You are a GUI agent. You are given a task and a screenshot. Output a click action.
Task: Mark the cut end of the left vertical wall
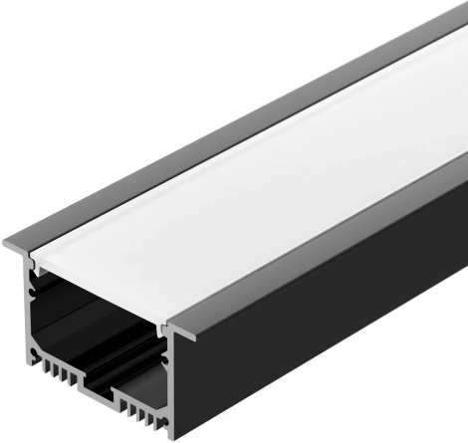tap(31, 319)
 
